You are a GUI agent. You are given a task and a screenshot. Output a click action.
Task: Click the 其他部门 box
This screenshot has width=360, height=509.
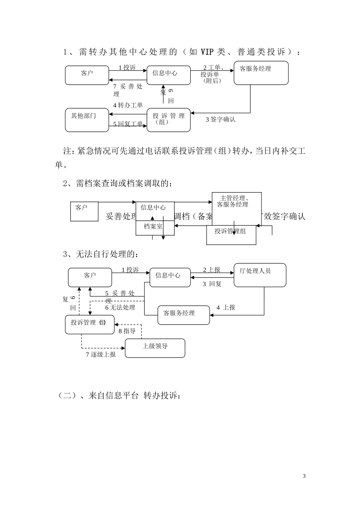pyautogui.click(x=87, y=120)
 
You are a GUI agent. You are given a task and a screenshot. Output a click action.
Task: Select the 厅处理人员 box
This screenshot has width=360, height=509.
pyautogui.click(x=260, y=275)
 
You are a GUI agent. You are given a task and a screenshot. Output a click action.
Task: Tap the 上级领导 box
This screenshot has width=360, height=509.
pyautogui.click(x=155, y=348)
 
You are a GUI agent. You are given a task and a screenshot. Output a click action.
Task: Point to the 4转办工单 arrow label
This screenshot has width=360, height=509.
pyautogui.click(x=128, y=105)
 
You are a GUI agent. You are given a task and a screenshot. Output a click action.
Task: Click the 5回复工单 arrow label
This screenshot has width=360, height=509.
pyautogui.click(x=128, y=124)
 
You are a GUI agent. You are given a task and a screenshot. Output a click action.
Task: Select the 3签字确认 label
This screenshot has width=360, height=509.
pyautogui.click(x=221, y=120)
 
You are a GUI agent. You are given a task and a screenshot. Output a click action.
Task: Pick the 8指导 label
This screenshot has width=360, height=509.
pyautogui.click(x=127, y=331)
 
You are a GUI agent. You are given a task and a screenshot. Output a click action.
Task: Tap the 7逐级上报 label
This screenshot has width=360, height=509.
pyautogui.click(x=101, y=354)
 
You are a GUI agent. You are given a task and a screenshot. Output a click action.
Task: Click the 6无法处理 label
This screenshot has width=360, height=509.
pyautogui.click(x=120, y=308)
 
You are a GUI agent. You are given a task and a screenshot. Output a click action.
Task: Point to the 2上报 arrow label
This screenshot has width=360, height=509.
pyautogui.click(x=211, y=270)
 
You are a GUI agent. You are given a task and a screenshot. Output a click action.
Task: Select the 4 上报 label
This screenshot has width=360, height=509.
pyautogui.click(x=226, y=308)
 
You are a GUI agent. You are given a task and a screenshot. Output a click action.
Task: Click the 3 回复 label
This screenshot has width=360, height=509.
pyautogui.click(x=212, y=284)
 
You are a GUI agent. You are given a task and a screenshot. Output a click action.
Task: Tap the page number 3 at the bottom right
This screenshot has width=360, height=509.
pyautogui.click(x=304, y=476)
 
